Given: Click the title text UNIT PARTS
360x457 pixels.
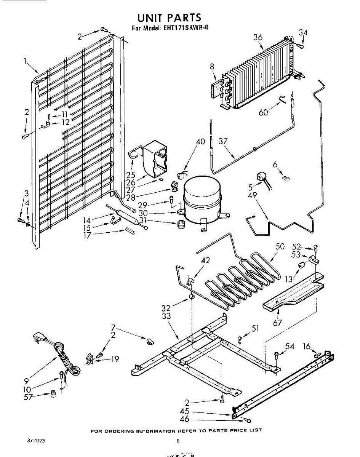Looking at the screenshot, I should pyautogui.click(x=169, y=18).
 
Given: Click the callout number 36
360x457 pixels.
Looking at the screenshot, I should pyautogui.click(x=258, y=37).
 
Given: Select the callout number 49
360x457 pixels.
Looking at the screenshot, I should pyautogui.click(x=252, y=195).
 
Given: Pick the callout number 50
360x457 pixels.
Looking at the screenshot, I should pyautogui.click(x=280, y=246).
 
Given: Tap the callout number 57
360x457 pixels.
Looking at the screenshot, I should pyautogui.click(x=27, y=397).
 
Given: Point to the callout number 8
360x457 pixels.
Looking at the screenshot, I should pyautogui.click(x=212, y=66).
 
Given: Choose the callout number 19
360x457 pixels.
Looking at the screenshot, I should pyautogui.click(x=115, y=358).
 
